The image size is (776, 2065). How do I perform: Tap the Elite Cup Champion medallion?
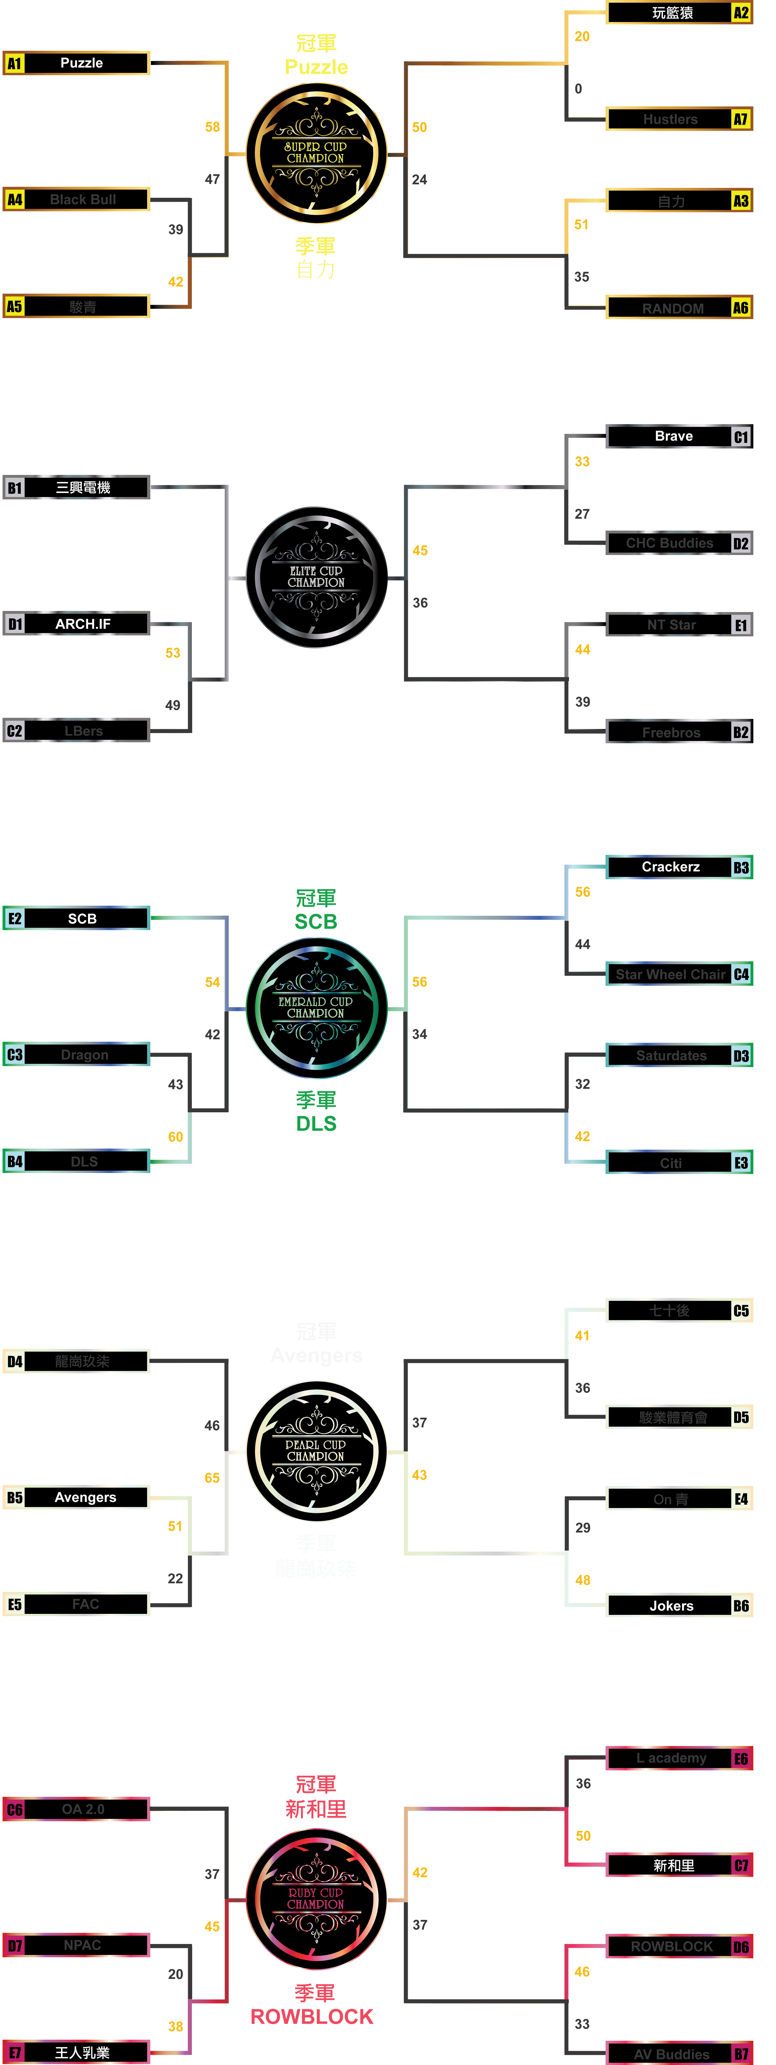coord(316,576)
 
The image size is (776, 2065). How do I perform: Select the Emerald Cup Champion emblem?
coord(316,1008)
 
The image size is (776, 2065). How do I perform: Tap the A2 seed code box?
coord(741,13)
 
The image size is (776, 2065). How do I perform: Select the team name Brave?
coord(673,436)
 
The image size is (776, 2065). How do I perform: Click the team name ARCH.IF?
coord(82,624)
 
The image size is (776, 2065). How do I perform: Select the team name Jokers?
coord(671,1606)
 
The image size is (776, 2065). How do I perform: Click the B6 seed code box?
coord(741,1606)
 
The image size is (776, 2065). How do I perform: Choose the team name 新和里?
coord(673,1865)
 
